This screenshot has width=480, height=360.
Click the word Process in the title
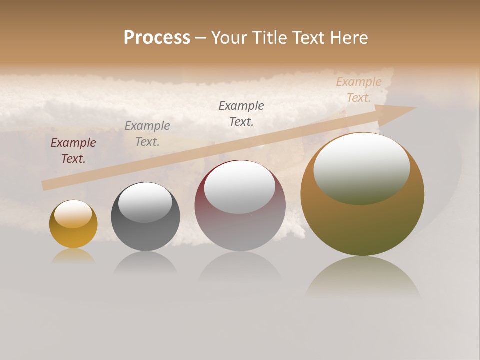[157, 38]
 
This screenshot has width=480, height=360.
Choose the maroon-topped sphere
[240, 230]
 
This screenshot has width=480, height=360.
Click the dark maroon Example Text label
[73, 150]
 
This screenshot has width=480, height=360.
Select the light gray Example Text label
[147, 133]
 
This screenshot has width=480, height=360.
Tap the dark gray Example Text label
[241, 113]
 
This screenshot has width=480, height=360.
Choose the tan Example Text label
[358, 90]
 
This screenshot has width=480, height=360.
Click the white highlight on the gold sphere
[73, 214]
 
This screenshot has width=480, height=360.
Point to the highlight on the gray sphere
[145, 202]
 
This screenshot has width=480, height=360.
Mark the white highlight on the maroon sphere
[240, 188]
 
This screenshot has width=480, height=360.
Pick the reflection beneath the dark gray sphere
[145, 262]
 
